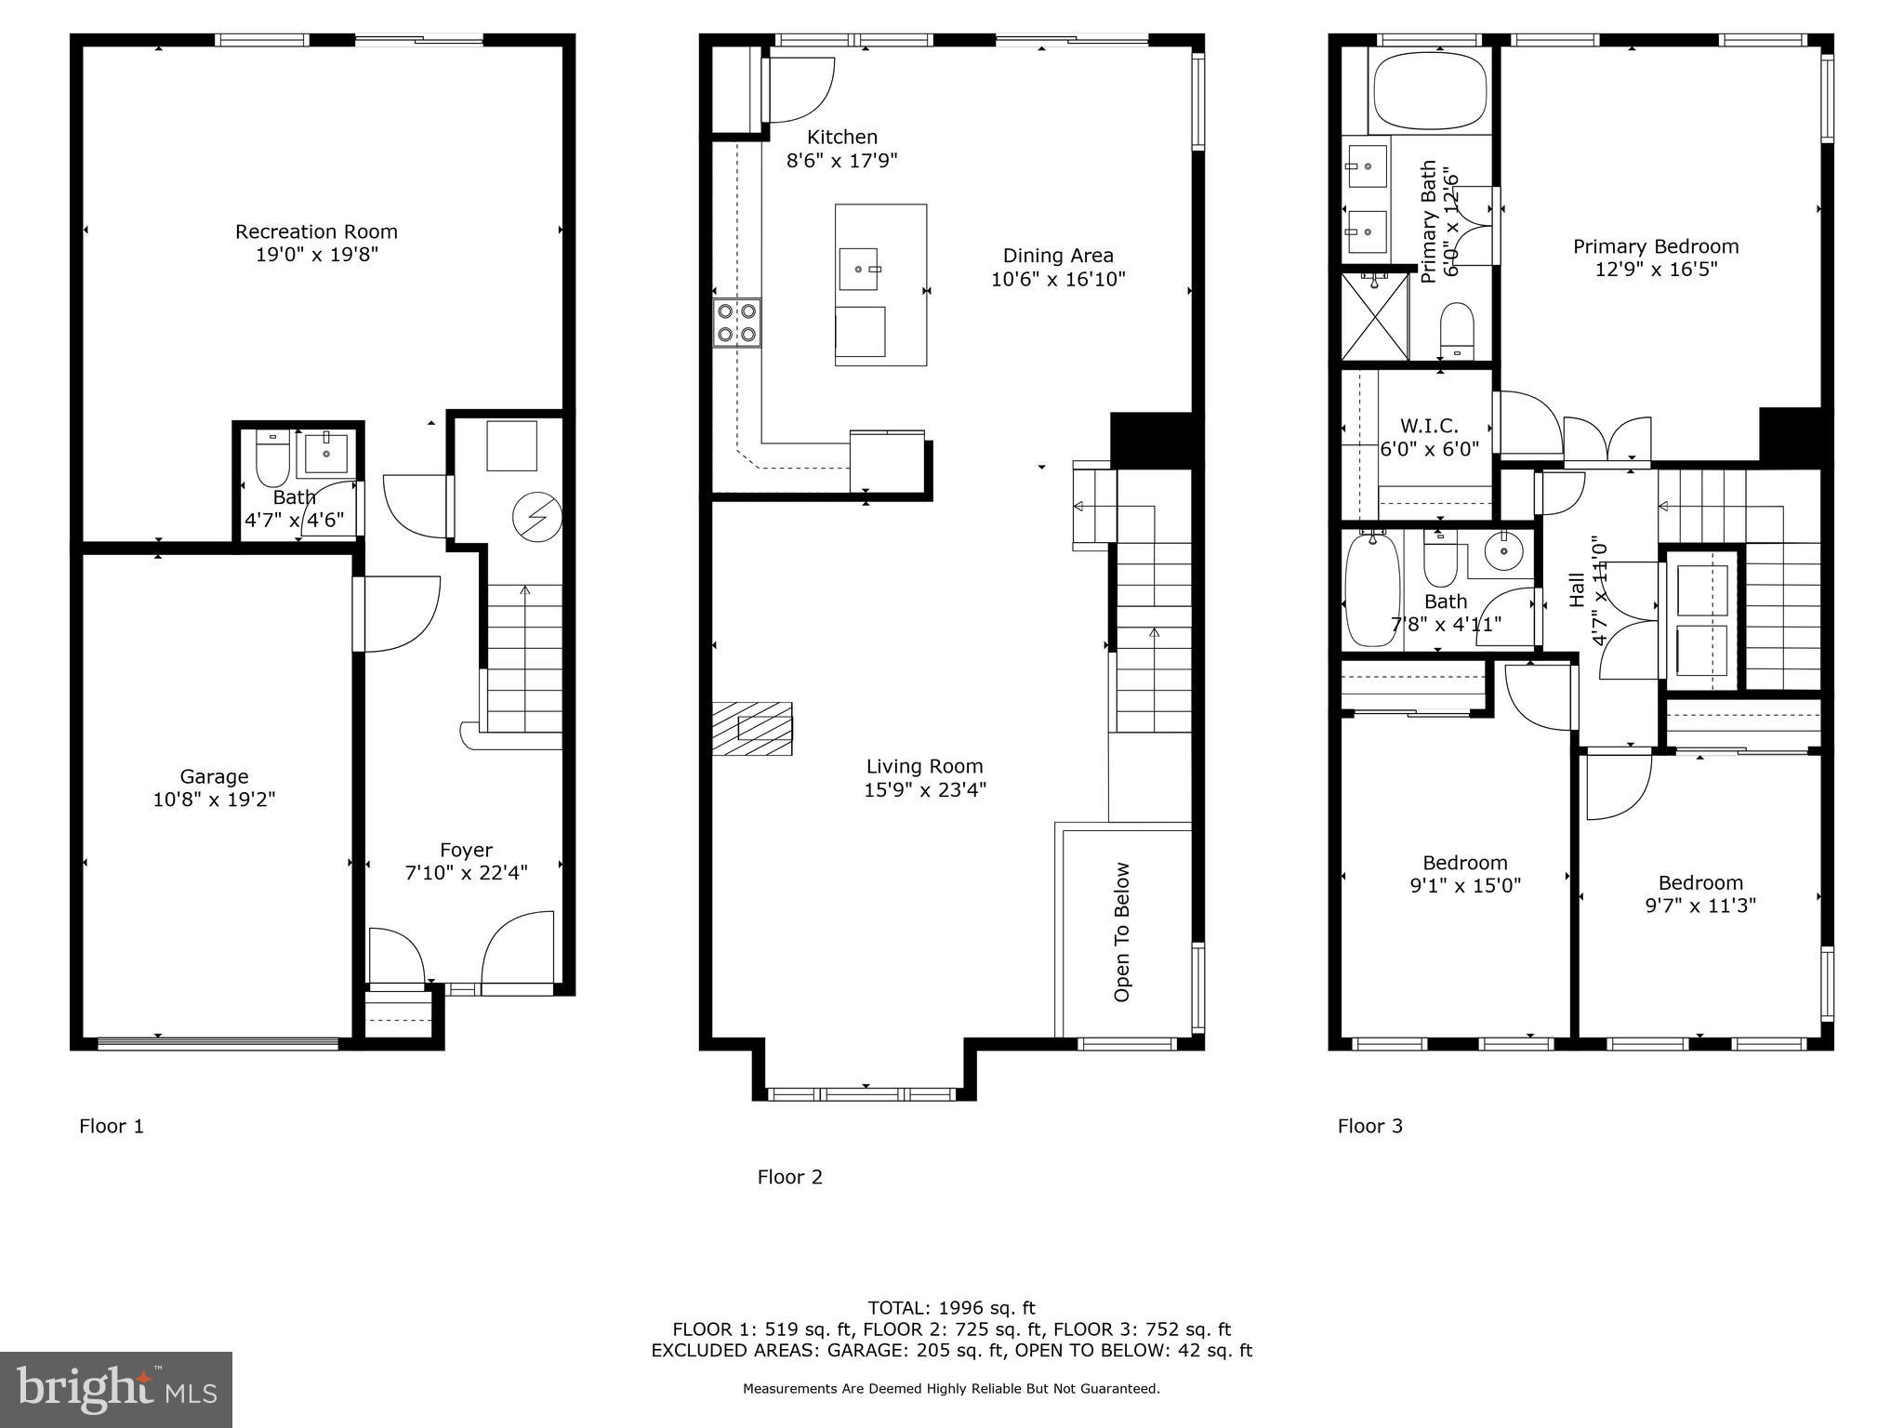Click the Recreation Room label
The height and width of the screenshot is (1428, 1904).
pyautogui.click(x=316, y=231)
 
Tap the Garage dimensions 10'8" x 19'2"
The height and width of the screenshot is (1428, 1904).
pyautogui.click(x=214, y=800)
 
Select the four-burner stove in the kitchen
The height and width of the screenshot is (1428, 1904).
pyautogui.click(x=736, y=323)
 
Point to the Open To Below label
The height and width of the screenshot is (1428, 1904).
pyautogui.click(x=1122, y=932)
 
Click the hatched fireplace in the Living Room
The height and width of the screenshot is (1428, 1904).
pyautogui.click(x=753, y=728)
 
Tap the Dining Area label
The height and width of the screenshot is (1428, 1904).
pyautogui.click(x=1058, y=256)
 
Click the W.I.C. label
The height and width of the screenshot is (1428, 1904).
pyautogui.click(x=1428, y=426)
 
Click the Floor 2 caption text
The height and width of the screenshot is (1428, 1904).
pyautogui.click(x=789, y=1177)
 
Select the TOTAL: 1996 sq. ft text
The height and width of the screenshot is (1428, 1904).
pyautogui.click(x=951, y=1308)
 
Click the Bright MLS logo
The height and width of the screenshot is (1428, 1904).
pyautogui.click(x=116, y=1389)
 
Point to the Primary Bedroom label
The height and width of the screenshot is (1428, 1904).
pyautogui.click(x=1655, y=246)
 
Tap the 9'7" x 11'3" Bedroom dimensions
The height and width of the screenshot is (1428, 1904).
pyautogui.click(x=1699, y=906)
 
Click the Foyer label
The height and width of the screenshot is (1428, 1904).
pyautogui.click(x=466, y=850)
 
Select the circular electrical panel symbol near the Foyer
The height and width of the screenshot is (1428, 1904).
pyautogui.click(x=537, y=517)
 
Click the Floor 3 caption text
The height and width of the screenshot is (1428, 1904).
pyautogui.click(x=1369, y=1126)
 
